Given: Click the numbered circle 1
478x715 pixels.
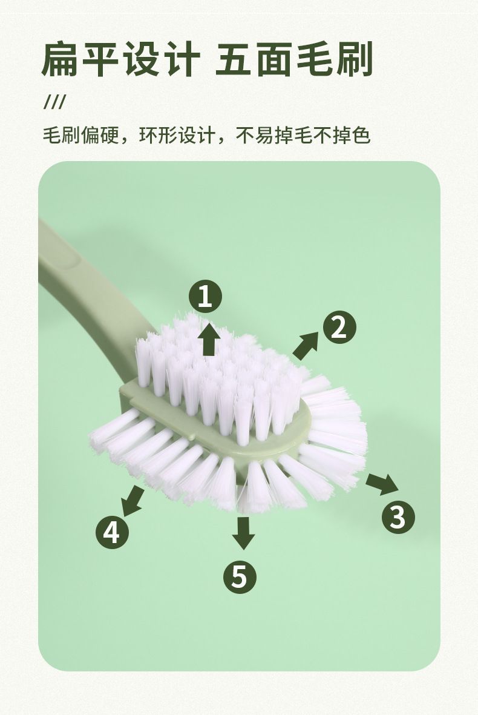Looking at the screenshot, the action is (205, 297).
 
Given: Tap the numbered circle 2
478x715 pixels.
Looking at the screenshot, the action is (339, 328).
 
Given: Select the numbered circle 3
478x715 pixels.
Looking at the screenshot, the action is (398, 517).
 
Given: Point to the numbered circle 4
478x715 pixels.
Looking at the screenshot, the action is (112, 532).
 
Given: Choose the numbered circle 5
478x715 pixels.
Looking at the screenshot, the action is (240, 577).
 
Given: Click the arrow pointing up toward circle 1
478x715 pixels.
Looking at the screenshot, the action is (209, 339).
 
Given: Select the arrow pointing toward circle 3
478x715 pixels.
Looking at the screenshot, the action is (382, 484).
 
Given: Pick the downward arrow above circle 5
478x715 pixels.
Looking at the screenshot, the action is (243, 533).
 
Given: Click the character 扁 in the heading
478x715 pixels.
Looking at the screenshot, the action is (60, 59).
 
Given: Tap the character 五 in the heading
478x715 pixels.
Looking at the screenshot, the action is (234, 59).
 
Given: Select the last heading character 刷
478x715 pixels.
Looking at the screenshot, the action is (355, 59).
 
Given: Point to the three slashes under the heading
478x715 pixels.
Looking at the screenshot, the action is (54, 102).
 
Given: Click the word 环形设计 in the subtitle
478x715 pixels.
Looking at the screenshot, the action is (177, 136).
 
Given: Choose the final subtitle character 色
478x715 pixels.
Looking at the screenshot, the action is (361, 136).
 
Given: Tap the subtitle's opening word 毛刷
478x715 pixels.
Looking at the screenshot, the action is (62, 136).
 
